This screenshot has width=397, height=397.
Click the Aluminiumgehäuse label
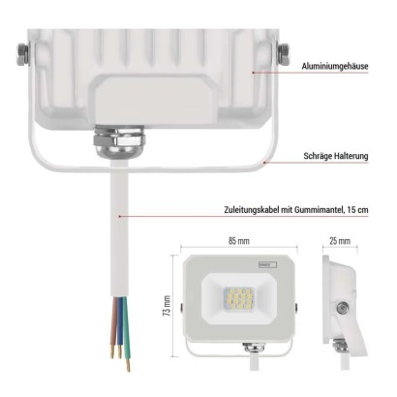pyautogui.click(x=335, y=67)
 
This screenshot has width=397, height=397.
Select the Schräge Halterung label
pyautogui.click(x=336, y=156)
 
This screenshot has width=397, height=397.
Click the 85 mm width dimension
pyautogui.click(x=239, y=241)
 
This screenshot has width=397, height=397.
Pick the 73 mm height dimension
pyautogui.click(x=167, y=305)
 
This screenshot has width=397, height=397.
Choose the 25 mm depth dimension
pyautogui.click(x=340, y=241)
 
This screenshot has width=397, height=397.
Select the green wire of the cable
pyautogui.click(x=126, y=332)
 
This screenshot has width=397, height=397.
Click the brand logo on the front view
pyautogui.click(x=267, y=264)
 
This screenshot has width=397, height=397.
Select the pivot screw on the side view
pyautogui.click(x=342, y=308)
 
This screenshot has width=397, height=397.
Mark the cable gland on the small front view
pyautogui.click(x=253, y=348)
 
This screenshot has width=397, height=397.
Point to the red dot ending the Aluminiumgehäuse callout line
pyautogui.click(x=254, y=73)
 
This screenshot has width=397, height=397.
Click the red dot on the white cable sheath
pyautogui.click(x=119, y=216)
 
